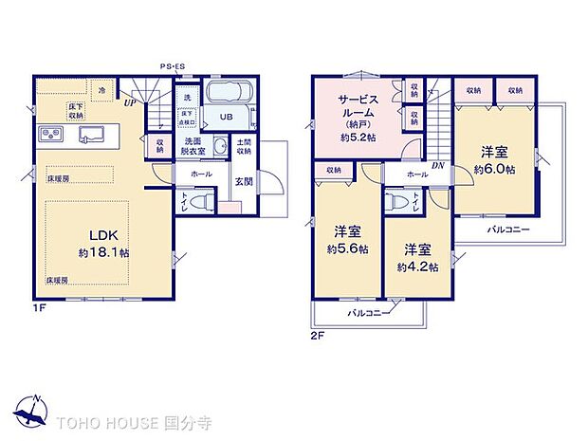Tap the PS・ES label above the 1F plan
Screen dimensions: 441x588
[173, 66]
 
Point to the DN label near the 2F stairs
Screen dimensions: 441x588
[436, 165]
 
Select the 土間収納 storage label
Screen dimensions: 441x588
[244, 147]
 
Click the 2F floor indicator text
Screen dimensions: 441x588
[317, 335]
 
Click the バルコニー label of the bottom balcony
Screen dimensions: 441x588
[365, 312]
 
